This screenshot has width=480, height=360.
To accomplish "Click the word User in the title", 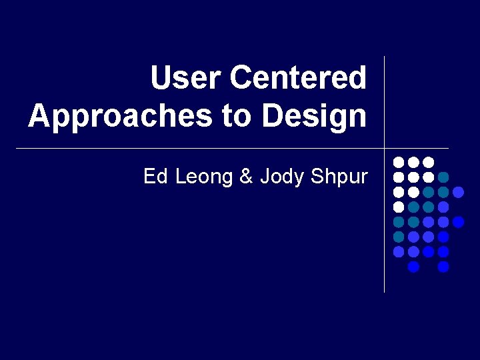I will pos(186,78).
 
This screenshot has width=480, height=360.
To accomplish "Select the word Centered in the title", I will pos(297,78).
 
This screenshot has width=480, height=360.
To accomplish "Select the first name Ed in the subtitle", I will pos(155,177).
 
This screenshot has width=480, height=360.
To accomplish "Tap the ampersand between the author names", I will pos(246,177).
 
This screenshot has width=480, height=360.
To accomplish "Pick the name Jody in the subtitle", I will pos(279,177).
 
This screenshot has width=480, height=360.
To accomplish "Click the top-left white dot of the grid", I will pos(399,162).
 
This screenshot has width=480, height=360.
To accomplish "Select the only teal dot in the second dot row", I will pos(443,177).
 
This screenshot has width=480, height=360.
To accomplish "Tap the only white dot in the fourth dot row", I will pos(399,207).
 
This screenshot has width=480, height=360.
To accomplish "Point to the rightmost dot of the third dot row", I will pos(458,192).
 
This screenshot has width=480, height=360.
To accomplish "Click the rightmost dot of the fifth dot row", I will pos(458,222).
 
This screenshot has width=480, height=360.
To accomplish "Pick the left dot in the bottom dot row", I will pos(413,267).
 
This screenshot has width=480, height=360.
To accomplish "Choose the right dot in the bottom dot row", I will pos(443,267).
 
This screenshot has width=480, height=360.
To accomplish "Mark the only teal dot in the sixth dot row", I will pos(399,237).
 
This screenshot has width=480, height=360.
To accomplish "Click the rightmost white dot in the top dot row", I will pos(429,162).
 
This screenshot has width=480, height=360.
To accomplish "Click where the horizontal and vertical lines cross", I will pos(385,148).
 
